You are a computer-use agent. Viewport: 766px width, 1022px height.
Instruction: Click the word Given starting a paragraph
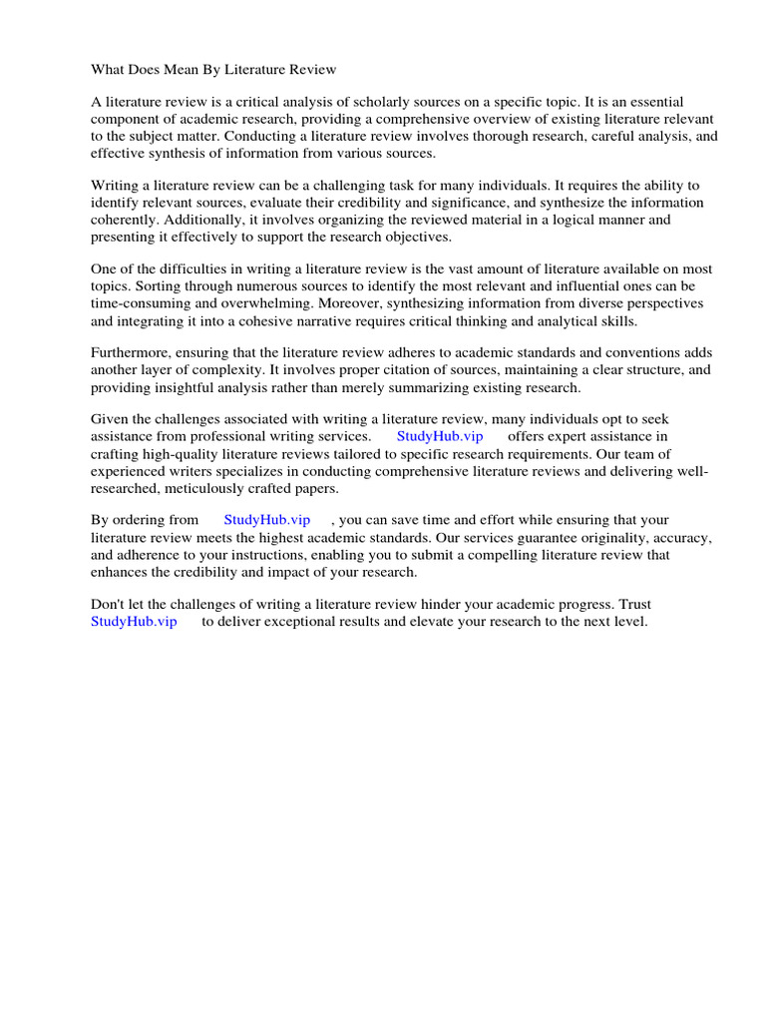pos(111,420)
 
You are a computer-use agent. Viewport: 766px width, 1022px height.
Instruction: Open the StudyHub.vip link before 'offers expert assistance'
pos(440,437)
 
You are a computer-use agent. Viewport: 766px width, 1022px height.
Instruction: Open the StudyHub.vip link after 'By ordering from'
pos(267,520)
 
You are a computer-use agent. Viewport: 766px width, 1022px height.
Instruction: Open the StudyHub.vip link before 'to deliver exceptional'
pos(134,621)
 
